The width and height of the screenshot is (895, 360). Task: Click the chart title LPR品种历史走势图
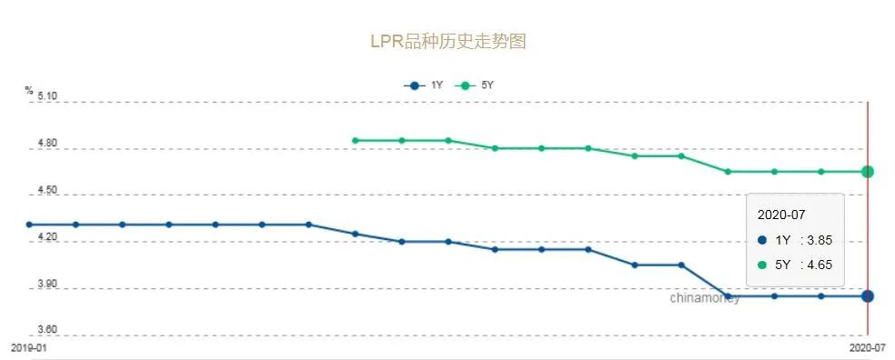click(447, 42)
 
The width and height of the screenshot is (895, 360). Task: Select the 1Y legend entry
click(425, 85)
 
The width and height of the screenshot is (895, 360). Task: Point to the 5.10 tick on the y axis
click(46, 96)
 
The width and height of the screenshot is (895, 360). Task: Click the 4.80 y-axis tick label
click(46, 144)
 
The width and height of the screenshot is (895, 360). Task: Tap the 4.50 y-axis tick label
click(46, 191)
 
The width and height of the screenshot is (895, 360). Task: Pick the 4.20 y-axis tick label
click(46, 237)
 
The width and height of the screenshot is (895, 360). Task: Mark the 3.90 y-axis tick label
click(46, 285)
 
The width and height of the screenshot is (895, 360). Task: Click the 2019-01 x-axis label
click(28, 348)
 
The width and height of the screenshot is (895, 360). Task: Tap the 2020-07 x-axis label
click(867, 348)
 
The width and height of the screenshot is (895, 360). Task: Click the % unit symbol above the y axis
click(29, 90)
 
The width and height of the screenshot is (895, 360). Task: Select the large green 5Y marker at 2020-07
click(868, 171)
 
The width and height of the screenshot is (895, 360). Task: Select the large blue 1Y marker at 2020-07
click(868, 295)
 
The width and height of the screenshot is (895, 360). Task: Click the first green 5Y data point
click(355, 140)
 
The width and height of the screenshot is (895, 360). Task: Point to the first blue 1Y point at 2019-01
click(29, 224)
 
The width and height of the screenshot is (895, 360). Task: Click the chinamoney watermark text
click(705, 297)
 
